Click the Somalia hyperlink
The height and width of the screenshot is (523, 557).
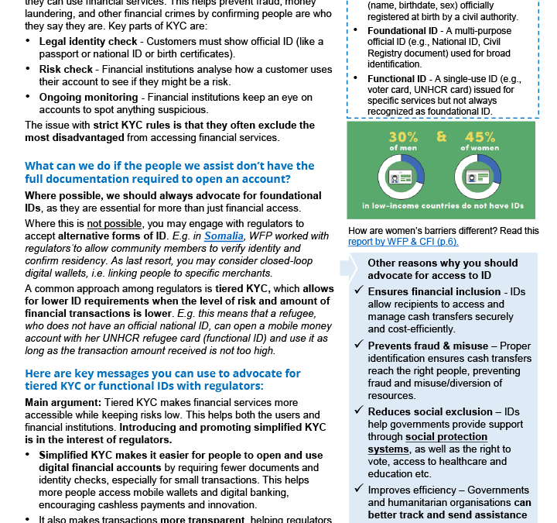pyautogui.click(x=224, y=236)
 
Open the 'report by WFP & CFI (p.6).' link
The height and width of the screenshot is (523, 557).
pyautogui.click(x=403, y=241)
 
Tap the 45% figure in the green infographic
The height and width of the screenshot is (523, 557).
pyautogui.click(x=480, y=137)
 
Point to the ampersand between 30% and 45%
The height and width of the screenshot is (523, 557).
pyautogui.click(x=441, y=137)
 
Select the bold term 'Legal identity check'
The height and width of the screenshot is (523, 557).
pyautogui.click(x=89, y=40)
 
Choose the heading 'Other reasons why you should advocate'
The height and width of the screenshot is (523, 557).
pyautogui.click(x=442, y=269)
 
